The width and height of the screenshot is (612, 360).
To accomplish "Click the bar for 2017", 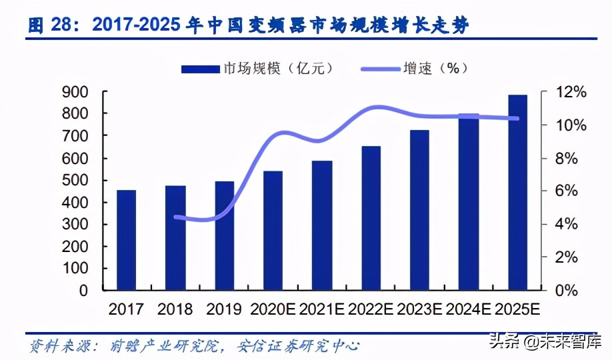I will click(126, 240).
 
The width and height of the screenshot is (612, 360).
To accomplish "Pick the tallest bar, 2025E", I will click(517, 193).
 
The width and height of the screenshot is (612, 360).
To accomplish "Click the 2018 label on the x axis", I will click(175, 310).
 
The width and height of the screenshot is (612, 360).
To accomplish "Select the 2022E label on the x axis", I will click(371, 310).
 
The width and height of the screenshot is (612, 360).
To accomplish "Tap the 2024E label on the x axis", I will click(469, 310).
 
